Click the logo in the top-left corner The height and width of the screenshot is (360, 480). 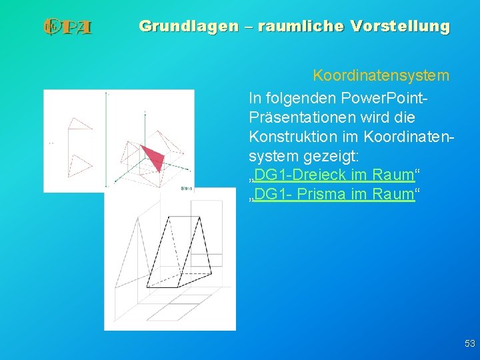[67, 27]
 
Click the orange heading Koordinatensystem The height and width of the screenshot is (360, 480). [381, 75]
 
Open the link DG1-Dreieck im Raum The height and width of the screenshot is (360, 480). [334, 175]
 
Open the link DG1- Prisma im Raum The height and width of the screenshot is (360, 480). [334, 195]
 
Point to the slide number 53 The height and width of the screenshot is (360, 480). [469, 343]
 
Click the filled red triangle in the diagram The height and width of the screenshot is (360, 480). [155, 157]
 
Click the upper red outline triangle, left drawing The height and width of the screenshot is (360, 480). [79, 124]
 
